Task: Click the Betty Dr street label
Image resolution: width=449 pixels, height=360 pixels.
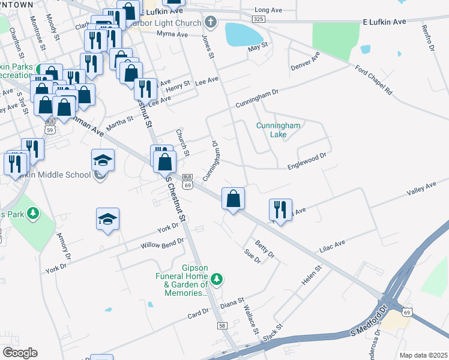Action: pos(264,249)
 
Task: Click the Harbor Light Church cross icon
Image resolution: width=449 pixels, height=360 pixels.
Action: pos(210,23)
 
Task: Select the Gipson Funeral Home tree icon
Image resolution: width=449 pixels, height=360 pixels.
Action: pos(217,278)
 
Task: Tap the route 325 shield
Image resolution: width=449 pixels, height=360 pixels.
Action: pos(259,19)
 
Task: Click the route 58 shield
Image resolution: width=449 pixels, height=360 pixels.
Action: pos(222,325)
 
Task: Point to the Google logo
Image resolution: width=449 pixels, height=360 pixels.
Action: pos(20,353)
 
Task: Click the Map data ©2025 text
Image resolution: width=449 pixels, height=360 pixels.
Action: pos(423,355)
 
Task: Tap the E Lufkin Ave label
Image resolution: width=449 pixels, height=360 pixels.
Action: pos(384,21)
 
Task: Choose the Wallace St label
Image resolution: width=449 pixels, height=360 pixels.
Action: pos(250,319)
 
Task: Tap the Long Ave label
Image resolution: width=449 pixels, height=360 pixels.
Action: pos(268,10)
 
